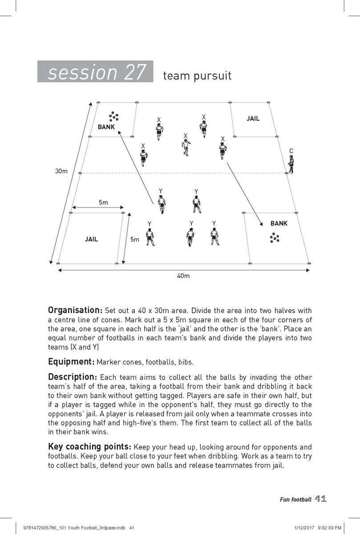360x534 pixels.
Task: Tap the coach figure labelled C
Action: (291, 164)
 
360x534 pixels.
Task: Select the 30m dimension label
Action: (61, 171)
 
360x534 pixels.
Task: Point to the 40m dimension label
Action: (183, 276)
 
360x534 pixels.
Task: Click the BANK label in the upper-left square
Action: (106, 127)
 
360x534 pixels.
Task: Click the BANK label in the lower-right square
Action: (279, 223)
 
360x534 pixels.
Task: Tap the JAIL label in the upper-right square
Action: (253, 119)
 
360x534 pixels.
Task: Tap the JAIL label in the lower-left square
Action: (91, 239)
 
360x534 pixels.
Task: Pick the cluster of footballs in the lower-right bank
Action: (274, 238)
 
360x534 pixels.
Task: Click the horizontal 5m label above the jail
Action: (103, 202)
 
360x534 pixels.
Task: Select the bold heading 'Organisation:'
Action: (75, 310)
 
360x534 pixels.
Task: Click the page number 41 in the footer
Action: (321, 499)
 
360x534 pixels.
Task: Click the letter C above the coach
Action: (291, 151)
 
